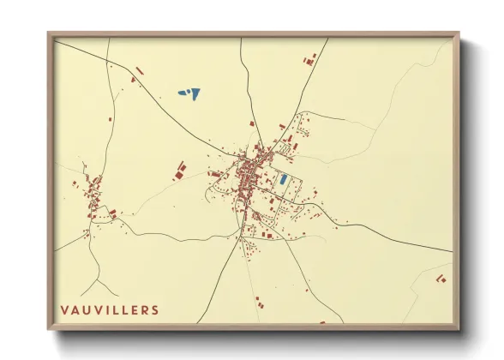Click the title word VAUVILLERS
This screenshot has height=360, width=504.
[109, 309]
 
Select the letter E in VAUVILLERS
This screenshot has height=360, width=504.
[132, 309]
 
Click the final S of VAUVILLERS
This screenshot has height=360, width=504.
[154, 309]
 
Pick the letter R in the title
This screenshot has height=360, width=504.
[143, 309]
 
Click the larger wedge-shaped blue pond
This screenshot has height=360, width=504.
[193, 93]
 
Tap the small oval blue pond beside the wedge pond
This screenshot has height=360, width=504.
[182, 93]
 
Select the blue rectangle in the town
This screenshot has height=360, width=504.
[283, 180]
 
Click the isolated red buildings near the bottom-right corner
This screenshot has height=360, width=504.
[441, 279]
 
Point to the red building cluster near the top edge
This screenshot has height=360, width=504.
[310, 59]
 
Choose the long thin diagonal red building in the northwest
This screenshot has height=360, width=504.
[140, 70]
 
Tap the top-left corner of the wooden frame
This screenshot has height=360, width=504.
[50, 34]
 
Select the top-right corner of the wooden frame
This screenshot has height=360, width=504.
[458, 34]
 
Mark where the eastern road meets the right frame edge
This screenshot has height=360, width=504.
[452, 252]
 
